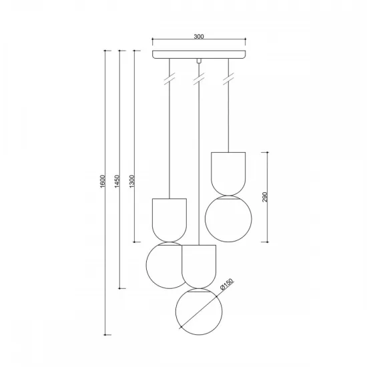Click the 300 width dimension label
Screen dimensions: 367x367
click(199, 36)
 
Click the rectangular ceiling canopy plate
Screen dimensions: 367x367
click(199, 55)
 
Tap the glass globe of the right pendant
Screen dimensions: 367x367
click(227, 218)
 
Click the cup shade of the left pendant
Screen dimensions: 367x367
click(169, 219)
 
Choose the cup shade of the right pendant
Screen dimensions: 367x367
click(228, 172)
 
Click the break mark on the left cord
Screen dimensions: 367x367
click(171, 78)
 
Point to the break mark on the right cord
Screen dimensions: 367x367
click(229, 78)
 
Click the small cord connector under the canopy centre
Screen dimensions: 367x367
click(199, 61)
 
